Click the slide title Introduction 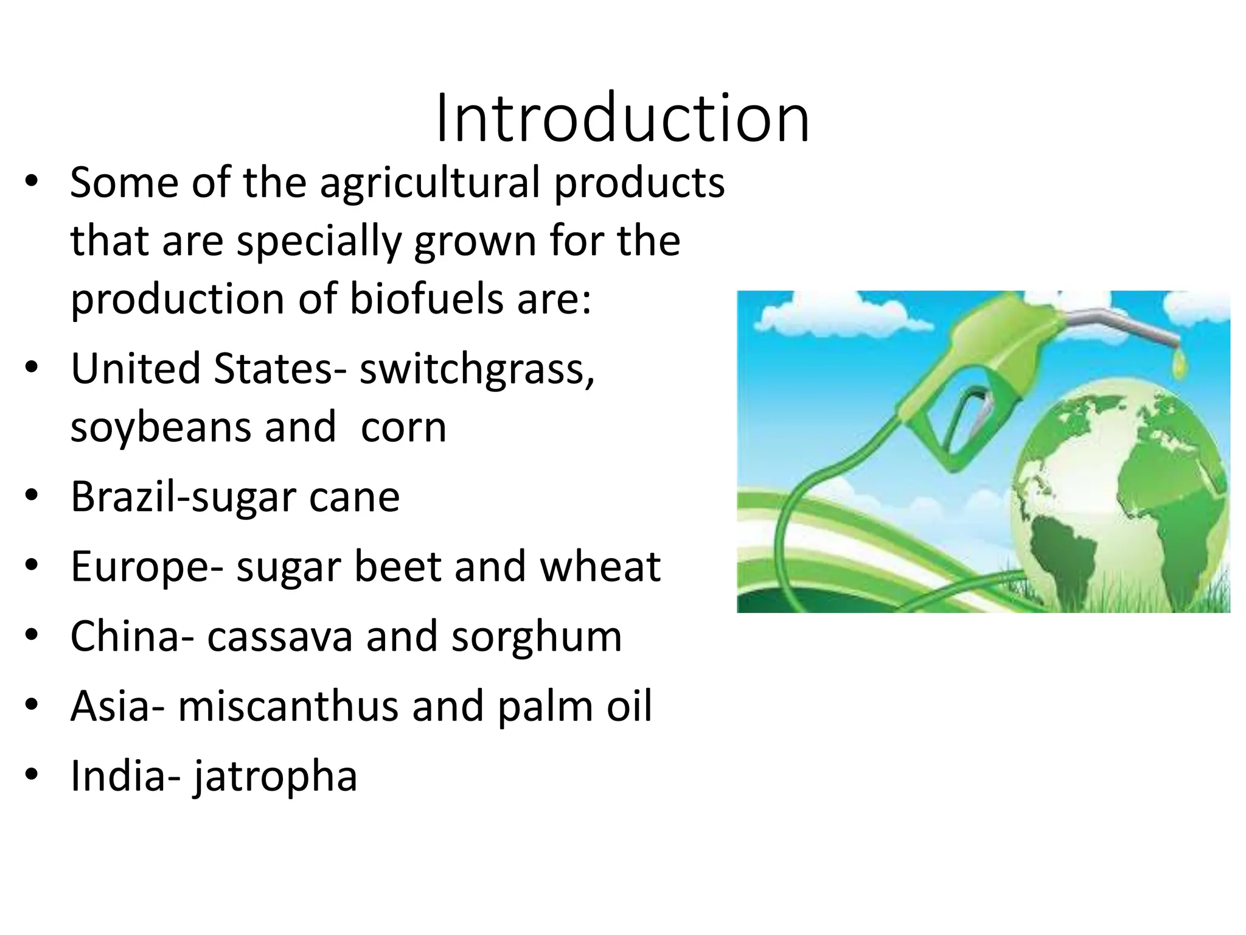(x=622, y=118)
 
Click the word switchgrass (x=476, y=370)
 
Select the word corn (x=403, y=429)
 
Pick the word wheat (x=600, y=567)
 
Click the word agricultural (x=430, y=183)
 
